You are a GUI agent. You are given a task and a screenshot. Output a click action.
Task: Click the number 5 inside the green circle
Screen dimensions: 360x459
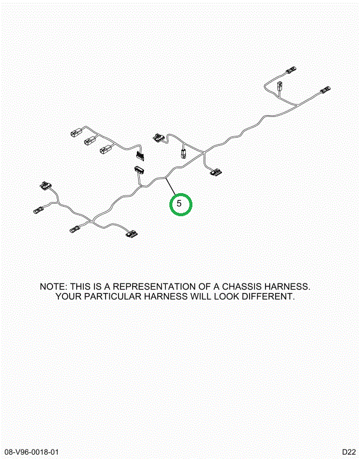(x=179, y=203)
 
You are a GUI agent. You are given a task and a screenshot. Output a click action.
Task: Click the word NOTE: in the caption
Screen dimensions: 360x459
(x=54, y=287)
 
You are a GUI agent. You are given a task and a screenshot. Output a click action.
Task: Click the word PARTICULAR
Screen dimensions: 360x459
(x=113, y=296)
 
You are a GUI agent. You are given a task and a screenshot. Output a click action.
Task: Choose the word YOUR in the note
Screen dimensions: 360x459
(x=68, y=296)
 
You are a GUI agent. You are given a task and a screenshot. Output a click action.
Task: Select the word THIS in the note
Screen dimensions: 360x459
(x=80, y=287)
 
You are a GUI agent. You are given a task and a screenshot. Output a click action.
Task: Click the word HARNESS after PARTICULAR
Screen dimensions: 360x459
(x=166, y=296)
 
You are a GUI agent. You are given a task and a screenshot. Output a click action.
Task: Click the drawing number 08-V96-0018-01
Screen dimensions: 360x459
(x=32, y=452)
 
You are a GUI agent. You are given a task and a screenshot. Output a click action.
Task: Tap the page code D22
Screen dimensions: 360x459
(x=349, y=452)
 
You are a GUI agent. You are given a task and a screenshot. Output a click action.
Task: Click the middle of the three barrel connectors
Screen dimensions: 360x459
(x=90, y=141)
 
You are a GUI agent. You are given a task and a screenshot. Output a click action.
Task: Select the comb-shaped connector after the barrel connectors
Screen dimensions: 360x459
(x=140, y=155)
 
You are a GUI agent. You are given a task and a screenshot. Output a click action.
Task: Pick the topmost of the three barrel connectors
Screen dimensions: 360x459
(x=76, y=133)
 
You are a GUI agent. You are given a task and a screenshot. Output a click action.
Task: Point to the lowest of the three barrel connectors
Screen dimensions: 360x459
(x=105, y=150)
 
